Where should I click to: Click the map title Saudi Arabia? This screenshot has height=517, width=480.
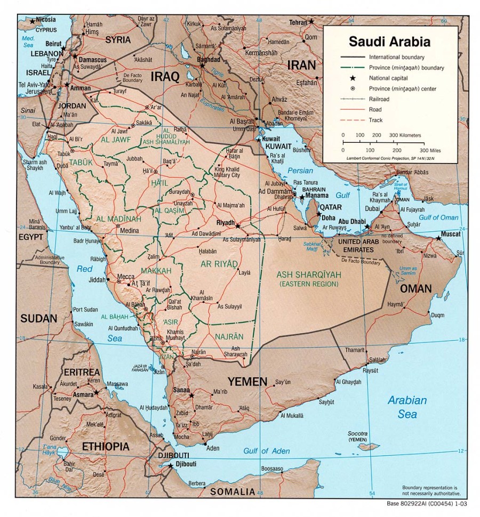(389, 41)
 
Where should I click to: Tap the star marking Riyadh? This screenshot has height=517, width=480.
(238, 226)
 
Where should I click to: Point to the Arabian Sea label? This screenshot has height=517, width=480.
(407, 407)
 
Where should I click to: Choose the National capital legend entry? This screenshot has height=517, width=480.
(387, 78)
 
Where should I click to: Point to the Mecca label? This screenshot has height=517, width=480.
(126, 277)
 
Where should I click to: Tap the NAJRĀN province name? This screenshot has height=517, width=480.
(229, 336)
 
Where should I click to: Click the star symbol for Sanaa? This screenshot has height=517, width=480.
(191, 395)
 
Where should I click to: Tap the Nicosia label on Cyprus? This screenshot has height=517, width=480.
(46, 20)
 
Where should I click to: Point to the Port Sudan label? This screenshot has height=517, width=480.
(85, 310)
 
